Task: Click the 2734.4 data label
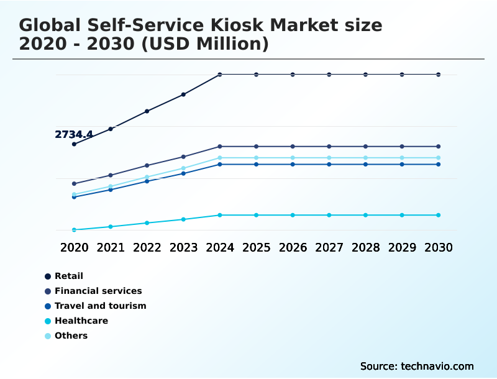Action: coord(74,134)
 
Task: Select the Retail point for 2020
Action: coord(74,144)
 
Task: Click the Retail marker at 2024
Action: coord(220,75)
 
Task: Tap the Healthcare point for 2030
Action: coord(439,215)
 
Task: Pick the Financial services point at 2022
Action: coord(147,165)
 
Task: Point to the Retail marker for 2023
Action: coord(183,94)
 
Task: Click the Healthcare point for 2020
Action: coord(74,230)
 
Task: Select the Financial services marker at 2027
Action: coord(329,147)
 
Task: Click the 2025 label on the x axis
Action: coord(256,247)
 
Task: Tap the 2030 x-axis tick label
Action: coord(439,247)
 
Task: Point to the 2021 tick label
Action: coord(111,247)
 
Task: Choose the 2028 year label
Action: coord(365,247)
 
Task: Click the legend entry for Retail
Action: coord(68,276)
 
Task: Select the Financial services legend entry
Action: coord(98,291)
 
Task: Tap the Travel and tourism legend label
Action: coord(100,306)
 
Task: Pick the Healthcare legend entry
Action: coord(81,321)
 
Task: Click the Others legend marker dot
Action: coord(48,336)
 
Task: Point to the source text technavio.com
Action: coord(437,366)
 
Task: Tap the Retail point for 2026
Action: coord(293,75)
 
